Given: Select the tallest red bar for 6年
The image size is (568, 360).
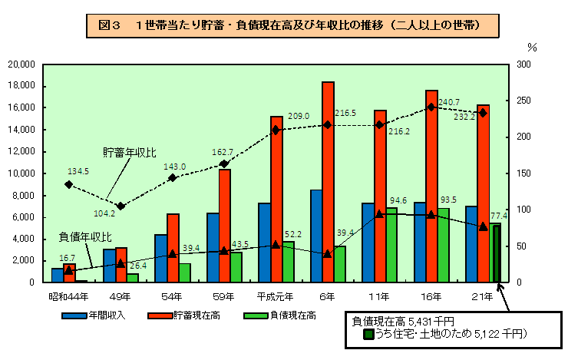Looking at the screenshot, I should (x=328, y=182).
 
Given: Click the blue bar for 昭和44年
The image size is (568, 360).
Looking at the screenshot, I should (x=57, y=275).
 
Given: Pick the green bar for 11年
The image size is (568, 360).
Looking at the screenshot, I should (x=391, y=245).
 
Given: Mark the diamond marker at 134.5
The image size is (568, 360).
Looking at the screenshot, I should (x=68, y=185).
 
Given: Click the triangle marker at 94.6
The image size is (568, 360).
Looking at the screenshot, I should (x=379, y=214).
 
